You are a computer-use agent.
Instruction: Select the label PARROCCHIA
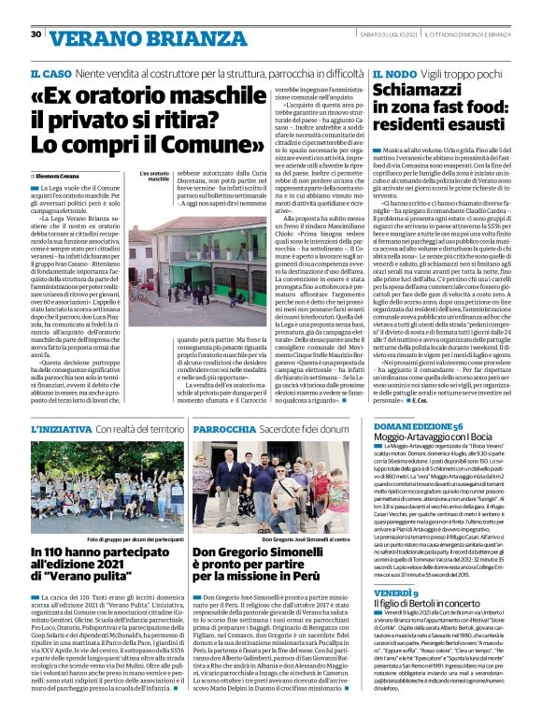click(x=219, y=428)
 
